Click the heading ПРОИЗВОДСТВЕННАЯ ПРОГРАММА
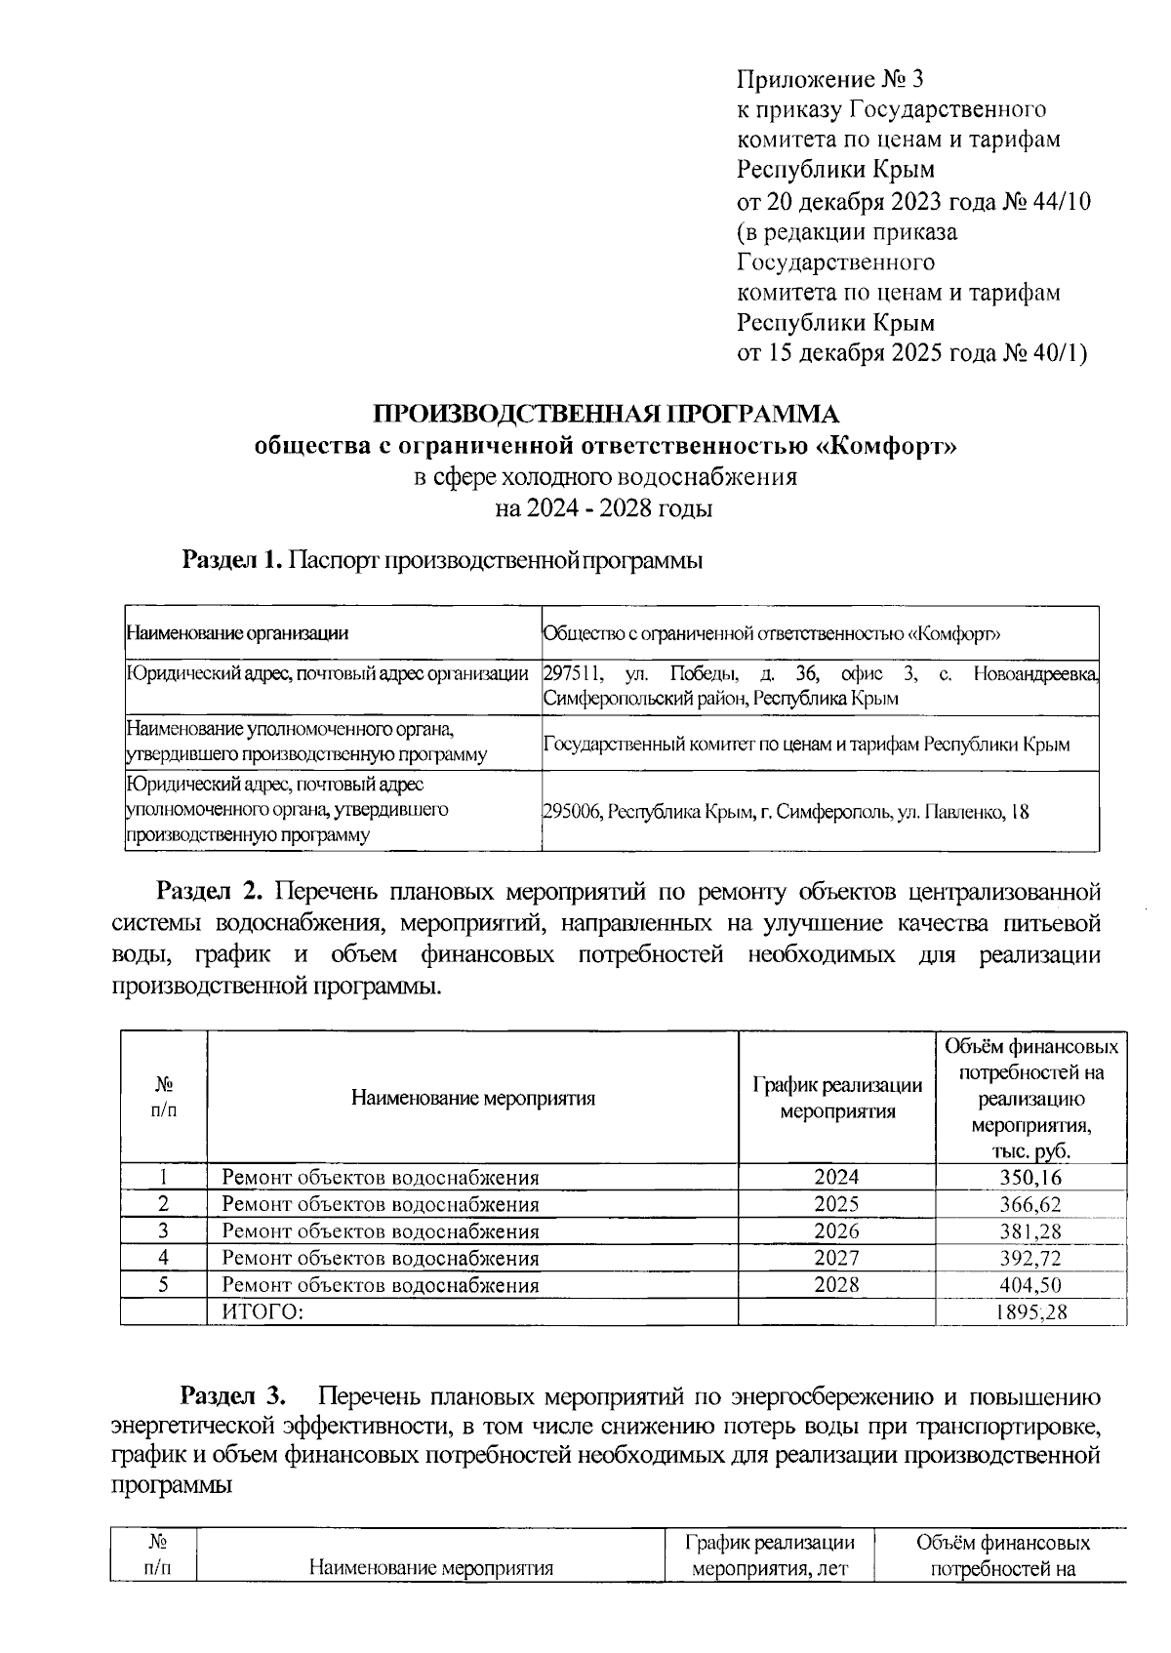(x=606, y=414)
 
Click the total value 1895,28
(x=1030, y=1312)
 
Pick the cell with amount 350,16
(x=1030, y=1178)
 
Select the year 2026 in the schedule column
(x=836, y=1231)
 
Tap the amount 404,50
(x=1030, y=1285)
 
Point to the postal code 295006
(x=572, y=812)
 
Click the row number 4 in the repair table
(x=164, y=1258)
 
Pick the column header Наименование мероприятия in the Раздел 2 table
(x=473, y=1099)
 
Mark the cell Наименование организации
(x=237, y=633)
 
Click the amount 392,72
(x=1030, y=1259)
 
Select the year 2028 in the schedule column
(x=836, y=1285)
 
